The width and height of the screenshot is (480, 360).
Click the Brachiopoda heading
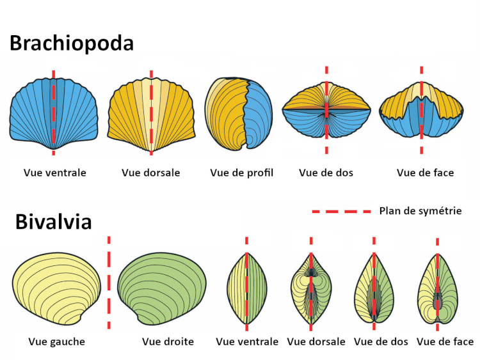[x=71, y=43]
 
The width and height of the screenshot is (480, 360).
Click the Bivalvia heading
[x=54, y=221]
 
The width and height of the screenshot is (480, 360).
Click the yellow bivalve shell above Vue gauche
[x=56, y=286]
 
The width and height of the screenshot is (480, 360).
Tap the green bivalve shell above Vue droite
[x=162, y=286]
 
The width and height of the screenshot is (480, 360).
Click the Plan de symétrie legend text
[x=420, y=210]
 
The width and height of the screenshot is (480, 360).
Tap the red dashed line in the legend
[x=342, y=210]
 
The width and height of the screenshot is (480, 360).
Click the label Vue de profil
[x=241, y=173]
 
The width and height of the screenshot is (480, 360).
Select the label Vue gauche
[x=56, y=341]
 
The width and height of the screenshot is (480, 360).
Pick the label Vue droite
[x=168, y=341]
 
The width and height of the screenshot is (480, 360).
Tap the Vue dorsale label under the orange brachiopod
[x=150, y=173]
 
